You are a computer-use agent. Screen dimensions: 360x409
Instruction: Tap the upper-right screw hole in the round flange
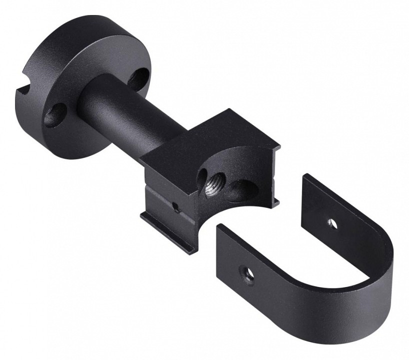coord(139,77)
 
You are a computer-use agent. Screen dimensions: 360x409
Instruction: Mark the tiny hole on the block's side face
coord(174,205)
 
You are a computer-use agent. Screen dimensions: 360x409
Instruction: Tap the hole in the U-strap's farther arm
coord(331,222)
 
